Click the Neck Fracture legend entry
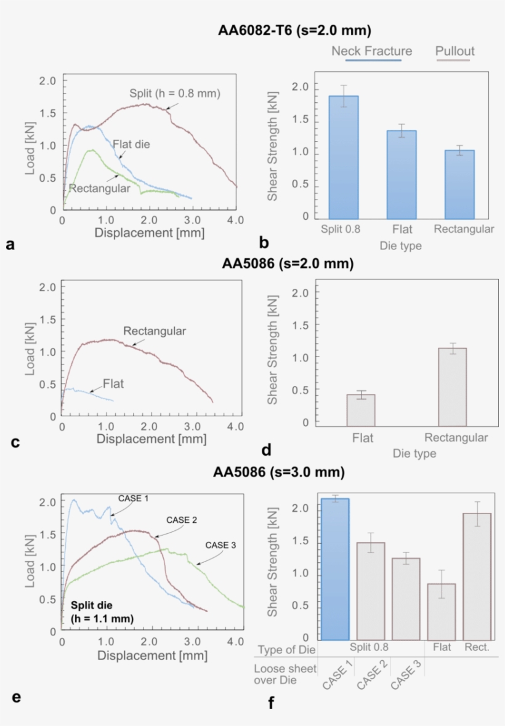click(x=371, y=51)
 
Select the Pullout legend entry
click(x=454, y=51)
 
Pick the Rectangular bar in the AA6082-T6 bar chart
click(x=459, y=184)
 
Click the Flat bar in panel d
click(x=361, y=409)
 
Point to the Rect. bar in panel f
click(x=477, y=576)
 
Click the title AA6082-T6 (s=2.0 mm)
click(x=294, y=30)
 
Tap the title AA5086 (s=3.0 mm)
click(x=278, y=472)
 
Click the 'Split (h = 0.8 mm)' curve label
click(x=174, y=94)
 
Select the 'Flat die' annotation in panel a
click(x=132, y=144)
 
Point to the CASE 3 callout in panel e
click(x=220, y=545)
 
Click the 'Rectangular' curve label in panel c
click(x=155, y=331)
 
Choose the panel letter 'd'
click(x=266, y=450)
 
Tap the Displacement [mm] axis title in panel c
click(x=151, y=439)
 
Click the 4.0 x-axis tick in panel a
click(x=235, y=220)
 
